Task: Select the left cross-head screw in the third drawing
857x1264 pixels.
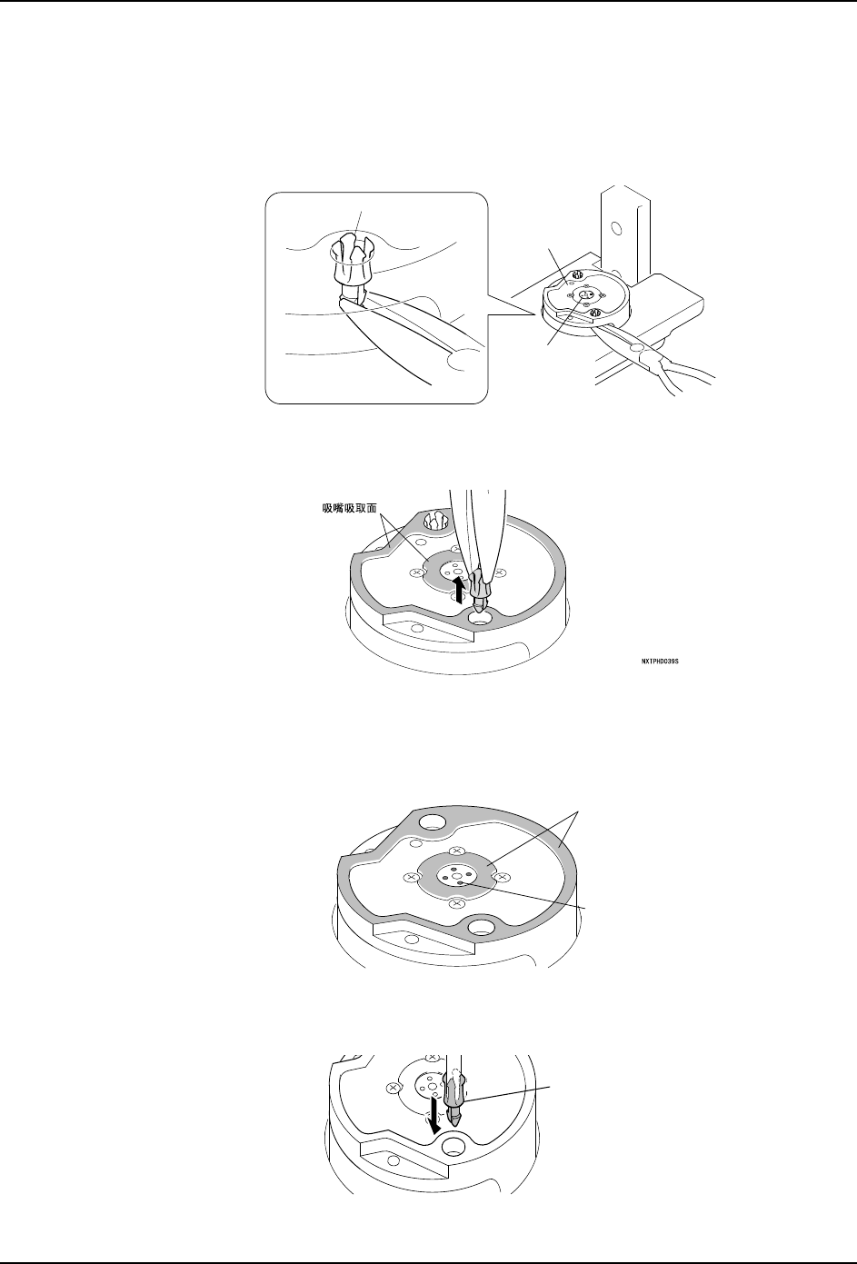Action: point(411,878)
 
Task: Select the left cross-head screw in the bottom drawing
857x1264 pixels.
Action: point(393,1088)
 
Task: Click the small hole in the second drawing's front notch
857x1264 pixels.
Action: point(416,628)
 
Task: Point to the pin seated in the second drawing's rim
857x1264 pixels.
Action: point(434,522)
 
